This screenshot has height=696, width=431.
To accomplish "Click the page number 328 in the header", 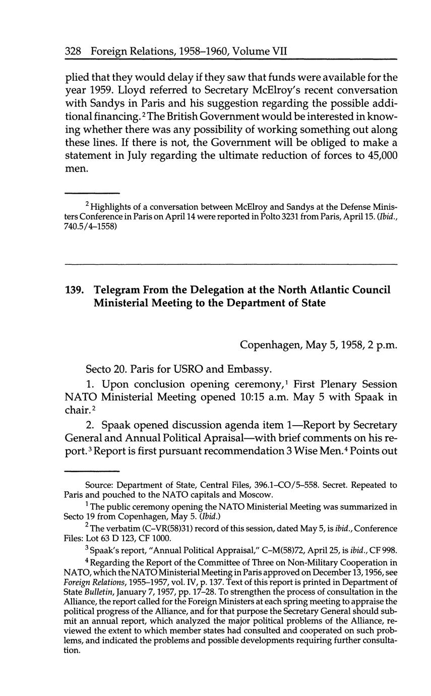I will click(74, 51).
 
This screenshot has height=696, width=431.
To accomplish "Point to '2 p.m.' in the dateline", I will click(382, 345).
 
